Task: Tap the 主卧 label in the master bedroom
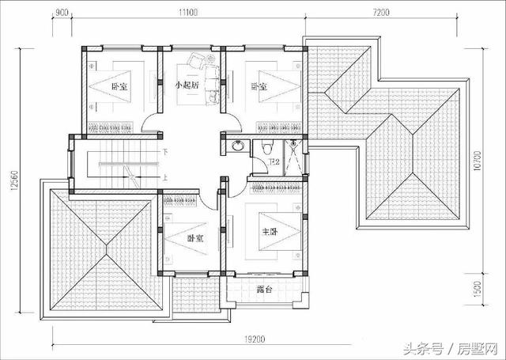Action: pyautogui.click(x=270, y=232)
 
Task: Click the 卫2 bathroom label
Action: pyautogui.click(x=274, y=161)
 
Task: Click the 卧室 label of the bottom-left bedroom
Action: pyautogui.click(x=195, y=237)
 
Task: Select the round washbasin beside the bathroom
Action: pyautogui.click(x=239, y=146)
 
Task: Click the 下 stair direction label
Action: pyautogui.click(x=164, y=151)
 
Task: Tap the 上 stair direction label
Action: pyautogui.click(x=164, y=178)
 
